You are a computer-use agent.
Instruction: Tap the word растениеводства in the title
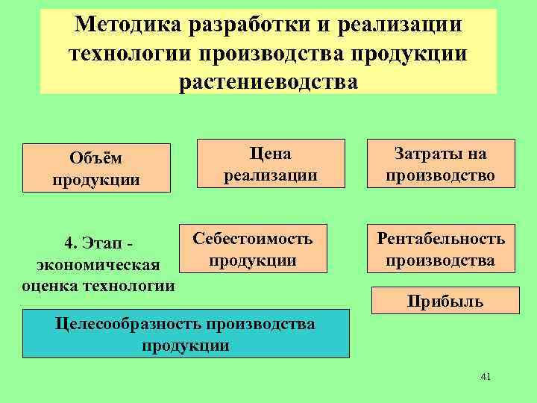268,80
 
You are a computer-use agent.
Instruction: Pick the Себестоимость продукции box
253,249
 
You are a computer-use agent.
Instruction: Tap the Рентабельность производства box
440,249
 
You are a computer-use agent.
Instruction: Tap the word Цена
271,154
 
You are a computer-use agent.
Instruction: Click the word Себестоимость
253,238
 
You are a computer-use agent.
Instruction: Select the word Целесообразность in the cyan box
131,324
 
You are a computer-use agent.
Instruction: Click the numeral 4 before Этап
69,243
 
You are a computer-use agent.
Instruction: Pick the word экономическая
98,265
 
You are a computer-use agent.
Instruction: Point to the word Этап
99,243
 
